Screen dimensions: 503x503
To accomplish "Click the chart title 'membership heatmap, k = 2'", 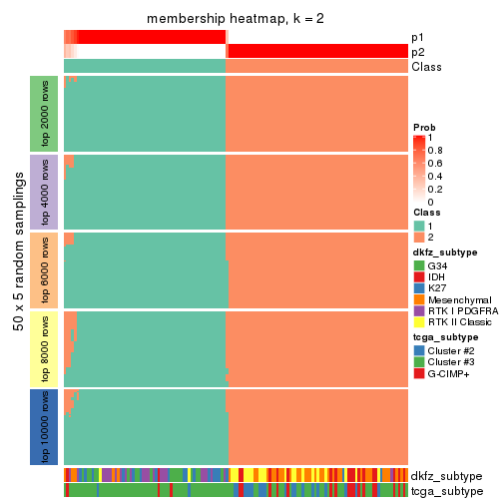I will pos(235,20).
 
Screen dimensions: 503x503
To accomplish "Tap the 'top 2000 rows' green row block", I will pos(46,113).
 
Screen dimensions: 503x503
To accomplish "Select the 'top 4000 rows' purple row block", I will pos(46,192).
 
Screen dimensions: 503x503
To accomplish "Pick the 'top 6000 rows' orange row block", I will pos(46,269).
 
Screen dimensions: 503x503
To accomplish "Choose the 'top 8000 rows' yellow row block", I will pos(46,348).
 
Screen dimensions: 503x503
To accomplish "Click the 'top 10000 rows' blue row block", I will pos(46,427).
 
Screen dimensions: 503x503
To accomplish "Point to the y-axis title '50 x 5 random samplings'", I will pos(17,269).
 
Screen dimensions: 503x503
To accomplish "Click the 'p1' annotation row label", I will pos(418,37).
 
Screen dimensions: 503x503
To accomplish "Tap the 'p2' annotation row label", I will pos(418,52).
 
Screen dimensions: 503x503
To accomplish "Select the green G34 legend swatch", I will pos(419,266).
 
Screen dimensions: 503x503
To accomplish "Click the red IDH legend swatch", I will pos(419,277).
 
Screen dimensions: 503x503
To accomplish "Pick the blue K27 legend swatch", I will pos(419,288).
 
